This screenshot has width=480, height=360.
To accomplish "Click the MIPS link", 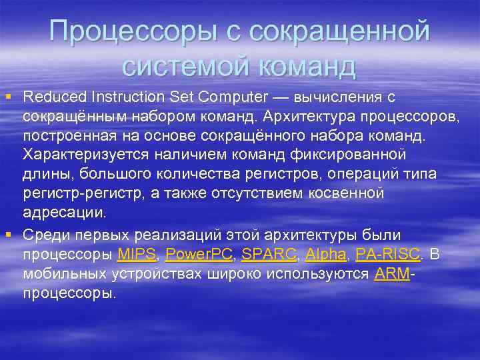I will click(x=136, y=254).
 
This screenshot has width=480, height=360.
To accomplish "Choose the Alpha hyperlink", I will click(x=326, y=254).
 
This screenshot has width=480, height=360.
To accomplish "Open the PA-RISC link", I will click(x=388, y=254).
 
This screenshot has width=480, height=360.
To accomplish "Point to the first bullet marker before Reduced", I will click(x=8, y=98).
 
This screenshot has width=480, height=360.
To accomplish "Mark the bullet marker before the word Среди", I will click(x=8, y=234).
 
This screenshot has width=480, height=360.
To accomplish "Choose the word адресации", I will click(x=64, y=213).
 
